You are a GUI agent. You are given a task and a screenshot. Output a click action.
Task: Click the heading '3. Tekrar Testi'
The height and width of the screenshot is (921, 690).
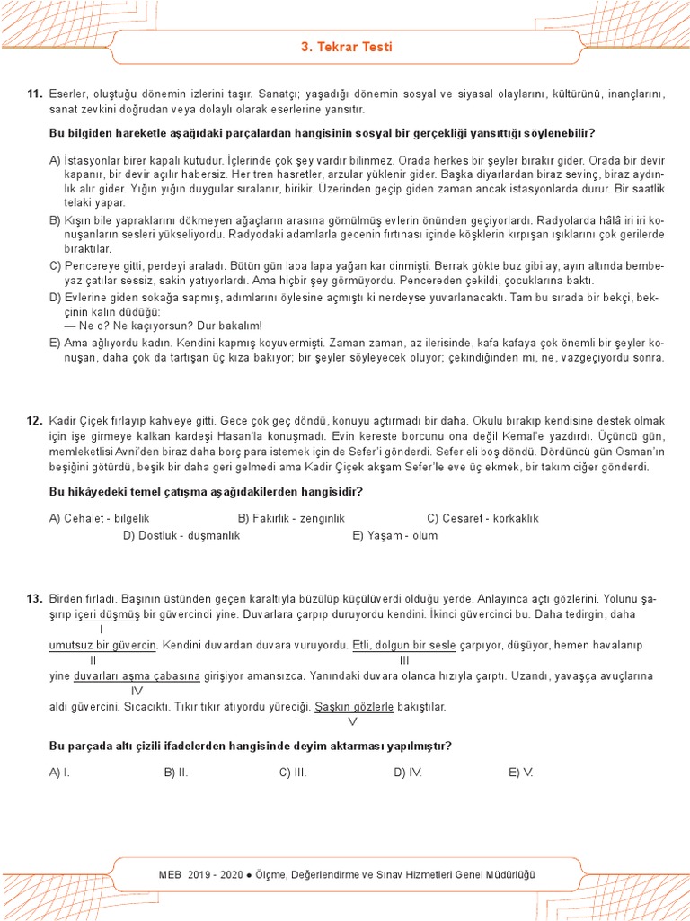345,47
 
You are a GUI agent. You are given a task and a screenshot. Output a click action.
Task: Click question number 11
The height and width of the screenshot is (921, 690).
35,94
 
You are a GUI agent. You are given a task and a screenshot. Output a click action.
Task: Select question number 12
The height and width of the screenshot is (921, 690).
35,421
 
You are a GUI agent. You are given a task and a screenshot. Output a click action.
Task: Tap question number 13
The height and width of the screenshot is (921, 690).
35,598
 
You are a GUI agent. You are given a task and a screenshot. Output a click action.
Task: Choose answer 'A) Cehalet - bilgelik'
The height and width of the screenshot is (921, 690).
99,518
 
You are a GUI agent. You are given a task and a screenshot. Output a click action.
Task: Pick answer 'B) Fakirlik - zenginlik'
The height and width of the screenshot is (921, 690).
291,518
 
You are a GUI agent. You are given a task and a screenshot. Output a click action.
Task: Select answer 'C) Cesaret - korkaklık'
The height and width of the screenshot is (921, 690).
482,518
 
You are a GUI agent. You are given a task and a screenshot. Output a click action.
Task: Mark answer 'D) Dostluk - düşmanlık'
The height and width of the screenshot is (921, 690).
181,535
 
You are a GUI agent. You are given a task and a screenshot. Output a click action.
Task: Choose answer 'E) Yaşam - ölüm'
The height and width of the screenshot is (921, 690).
395,535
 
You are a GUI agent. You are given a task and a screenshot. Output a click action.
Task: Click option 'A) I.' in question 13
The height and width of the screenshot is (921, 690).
60,772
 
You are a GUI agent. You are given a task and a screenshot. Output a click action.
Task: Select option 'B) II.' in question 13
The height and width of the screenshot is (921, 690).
176,772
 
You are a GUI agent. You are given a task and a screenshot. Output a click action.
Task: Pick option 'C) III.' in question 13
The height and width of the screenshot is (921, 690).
293,772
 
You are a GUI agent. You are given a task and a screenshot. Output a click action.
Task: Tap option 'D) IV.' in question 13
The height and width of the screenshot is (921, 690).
408,772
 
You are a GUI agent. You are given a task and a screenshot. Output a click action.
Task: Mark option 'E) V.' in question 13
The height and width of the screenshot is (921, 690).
521,772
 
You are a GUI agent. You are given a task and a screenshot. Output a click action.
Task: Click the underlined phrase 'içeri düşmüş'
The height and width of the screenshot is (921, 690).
107,614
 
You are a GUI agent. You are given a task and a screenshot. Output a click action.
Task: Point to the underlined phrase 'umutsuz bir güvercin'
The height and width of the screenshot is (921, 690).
102,646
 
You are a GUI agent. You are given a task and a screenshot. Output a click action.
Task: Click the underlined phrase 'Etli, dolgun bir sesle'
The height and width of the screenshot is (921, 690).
404,646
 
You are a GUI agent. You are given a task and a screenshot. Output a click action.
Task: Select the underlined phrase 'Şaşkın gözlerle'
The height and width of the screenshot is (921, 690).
354,707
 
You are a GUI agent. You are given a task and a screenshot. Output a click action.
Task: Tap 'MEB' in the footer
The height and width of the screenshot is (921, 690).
170,874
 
